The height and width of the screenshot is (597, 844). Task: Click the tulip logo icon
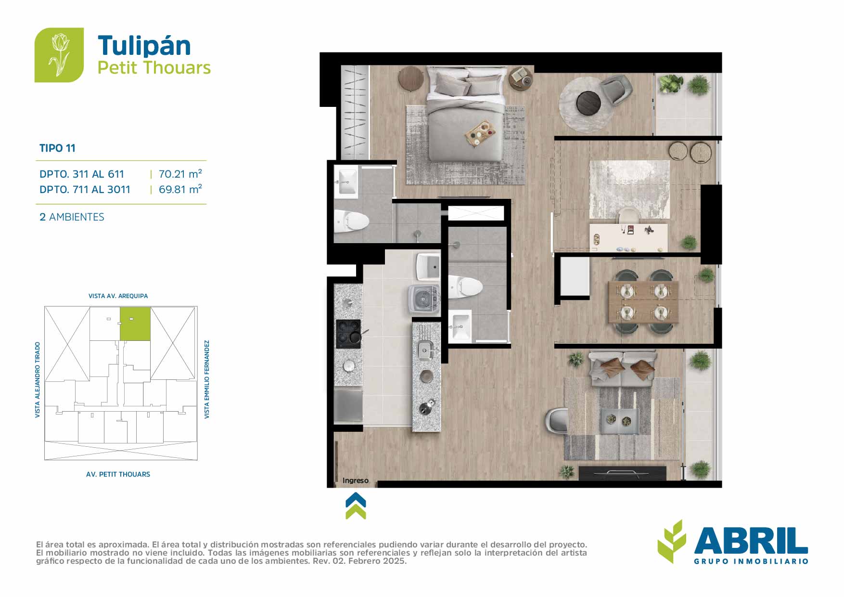pyautogui.click(x=59, y=55)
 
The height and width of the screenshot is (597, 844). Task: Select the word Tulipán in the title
pyautogui.click(x=144, y=46)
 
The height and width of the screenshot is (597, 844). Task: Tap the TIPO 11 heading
pyautogui.click(x=57, y=148)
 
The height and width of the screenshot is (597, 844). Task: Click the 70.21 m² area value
pyautogui.click(x=180, y=174)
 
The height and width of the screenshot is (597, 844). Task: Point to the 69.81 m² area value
pyautogui.click(x=180, y=189)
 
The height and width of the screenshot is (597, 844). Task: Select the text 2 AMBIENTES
pyautogui.click(x=72, y=217)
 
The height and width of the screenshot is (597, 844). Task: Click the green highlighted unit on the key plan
pyautogui.click(x=135, y=324)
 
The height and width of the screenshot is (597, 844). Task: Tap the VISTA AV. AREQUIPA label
pyautogui.click(x=118, y=296)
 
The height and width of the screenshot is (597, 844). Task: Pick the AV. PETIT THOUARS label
pyautogui.click(x=118, y=474)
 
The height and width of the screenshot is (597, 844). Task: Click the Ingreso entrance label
pyautogui.click(x=356, y=480)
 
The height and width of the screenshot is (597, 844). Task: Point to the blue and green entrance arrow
pyautogui.click(x=356, y=506)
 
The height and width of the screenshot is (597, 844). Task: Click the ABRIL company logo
pyautogui.click(x=732, y=542)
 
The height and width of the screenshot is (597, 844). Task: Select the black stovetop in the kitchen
pyautogui.click(x=348, y=334)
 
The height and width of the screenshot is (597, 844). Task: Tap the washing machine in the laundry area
pyautogui.click(x=424, y=299)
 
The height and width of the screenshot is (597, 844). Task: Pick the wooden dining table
pyautogui.click(x=643, y=302)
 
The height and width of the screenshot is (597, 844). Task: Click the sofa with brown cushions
pyautogui.click(x=623, y=368)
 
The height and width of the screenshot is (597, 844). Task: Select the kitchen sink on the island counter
pyautogui.click(x=426, y=350)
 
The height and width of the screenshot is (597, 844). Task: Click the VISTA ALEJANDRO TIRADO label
pyautogui.click(x=38, y=380)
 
